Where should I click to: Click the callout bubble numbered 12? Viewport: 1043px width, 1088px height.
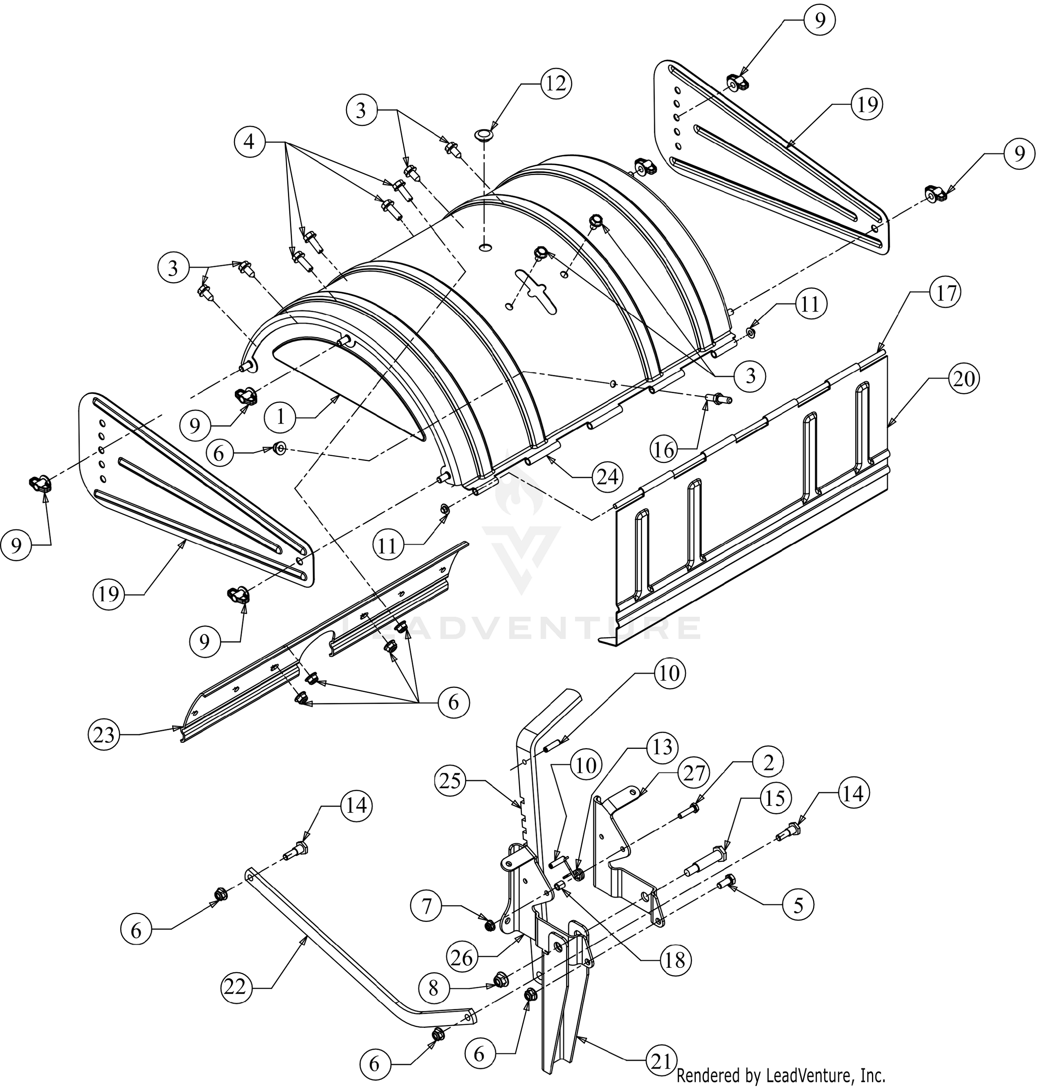556,83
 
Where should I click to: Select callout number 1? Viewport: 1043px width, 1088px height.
280,416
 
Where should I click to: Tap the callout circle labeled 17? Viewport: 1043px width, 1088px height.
946,292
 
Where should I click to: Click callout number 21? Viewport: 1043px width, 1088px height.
660,1061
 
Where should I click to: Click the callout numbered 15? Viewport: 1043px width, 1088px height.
775,798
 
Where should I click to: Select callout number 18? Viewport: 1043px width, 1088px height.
675,959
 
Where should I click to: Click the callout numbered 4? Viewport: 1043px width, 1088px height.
250,142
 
